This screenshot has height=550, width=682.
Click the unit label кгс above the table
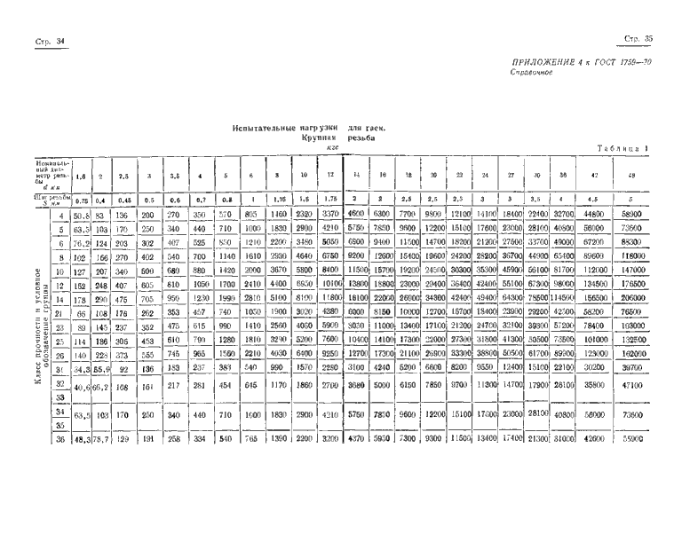334,149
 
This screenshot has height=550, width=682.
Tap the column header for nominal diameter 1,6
81,177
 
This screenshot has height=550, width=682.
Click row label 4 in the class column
60,215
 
